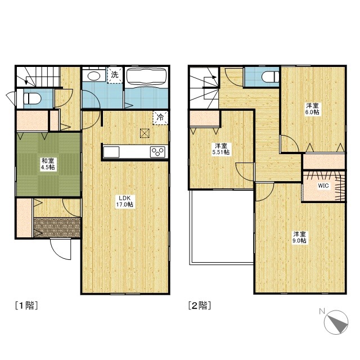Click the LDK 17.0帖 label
pos(125,201)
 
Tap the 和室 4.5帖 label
pos(48,164)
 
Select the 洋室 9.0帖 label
pos(300,237)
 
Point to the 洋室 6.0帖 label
pos(313,109)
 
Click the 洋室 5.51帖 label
pos(221,148)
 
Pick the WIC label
pos(323,186)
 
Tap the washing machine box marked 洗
pos(115,75)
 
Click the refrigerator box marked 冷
pos(160,118)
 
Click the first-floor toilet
pos(32,99)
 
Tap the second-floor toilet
pos(271,76)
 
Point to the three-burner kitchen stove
pos(157,152)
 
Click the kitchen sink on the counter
pos(111,152)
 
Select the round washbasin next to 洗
pos(94,76)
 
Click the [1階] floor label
pos(26,305)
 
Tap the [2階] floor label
pos(200,305)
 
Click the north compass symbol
pos(336,322)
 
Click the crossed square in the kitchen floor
pos(145,133)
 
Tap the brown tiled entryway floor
pos(57,227)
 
